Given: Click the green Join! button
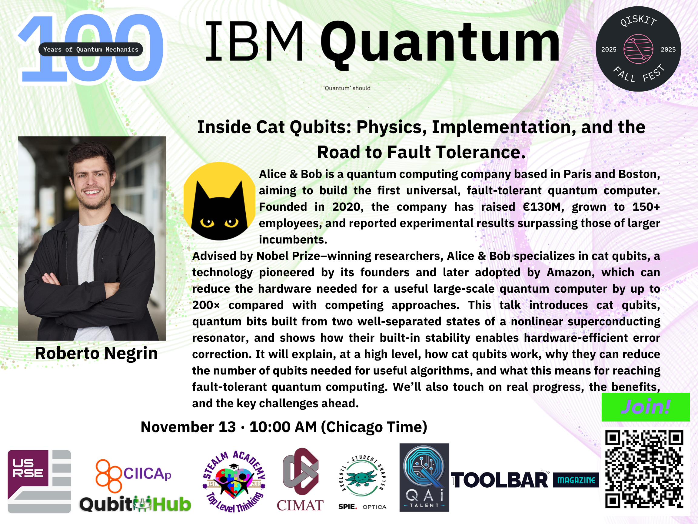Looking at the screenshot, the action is pyautogui.click(x=646, y=407).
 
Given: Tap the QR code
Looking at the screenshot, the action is pyautogui.click(x=644, y=469).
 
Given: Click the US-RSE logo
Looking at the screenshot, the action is pyautogui.click(x=39, y=481).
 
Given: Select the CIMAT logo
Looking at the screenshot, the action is pyautogui.click(x=300, y=479).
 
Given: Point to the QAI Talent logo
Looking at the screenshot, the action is pyautogui.click(x=424, y=477).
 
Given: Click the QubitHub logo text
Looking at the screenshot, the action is pyautogui.click(x=135, y=504).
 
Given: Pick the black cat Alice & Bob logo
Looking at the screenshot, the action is pyautogui.click(x=220, y=201).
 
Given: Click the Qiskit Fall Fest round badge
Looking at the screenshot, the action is pyautogui.click(x=638, y=49).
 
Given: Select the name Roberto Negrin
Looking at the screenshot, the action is pyautogui.click(x=96, y=353).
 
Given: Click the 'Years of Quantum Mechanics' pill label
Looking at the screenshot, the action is pyautogui.click(x=91, y=49).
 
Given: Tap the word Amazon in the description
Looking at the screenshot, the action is pyautogui.click(x=570, y=273).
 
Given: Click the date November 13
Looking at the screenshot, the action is pyautogui.click(x=188, y=427).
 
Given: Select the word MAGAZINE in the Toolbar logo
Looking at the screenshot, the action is pyautogui.click(x=576, y=480).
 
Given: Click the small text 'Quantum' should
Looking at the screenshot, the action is pyautogui.click(x=347, y=88).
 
